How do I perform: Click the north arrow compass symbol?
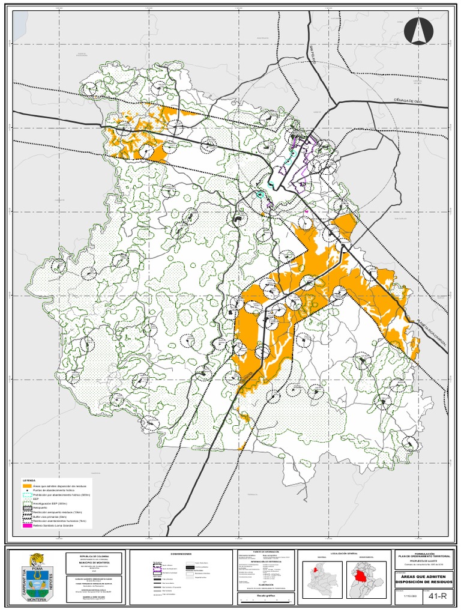[x=418, y=31]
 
